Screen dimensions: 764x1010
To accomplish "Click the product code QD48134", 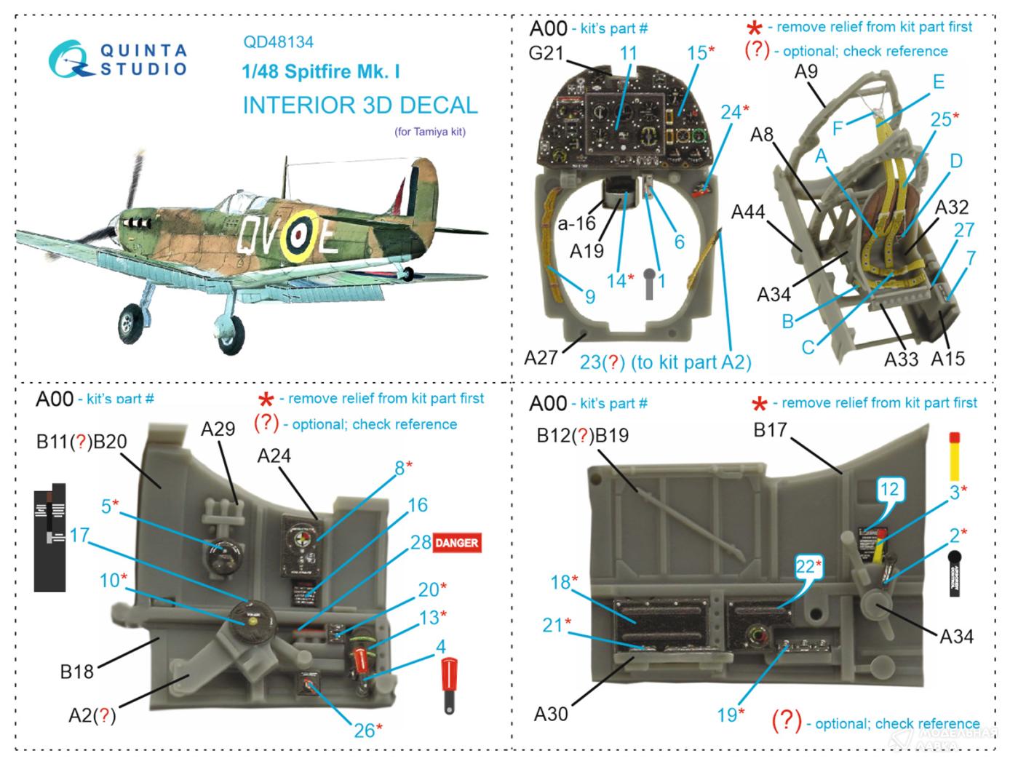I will tap(279, 42).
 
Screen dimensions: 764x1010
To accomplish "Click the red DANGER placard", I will tap(456, 543).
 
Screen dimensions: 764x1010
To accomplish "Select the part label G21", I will tap(546, 54).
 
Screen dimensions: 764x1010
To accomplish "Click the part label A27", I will tap(541, 357).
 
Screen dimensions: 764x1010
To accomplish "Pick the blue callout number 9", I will tap(590, 296).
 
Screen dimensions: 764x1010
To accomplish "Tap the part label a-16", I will tap(576, 224).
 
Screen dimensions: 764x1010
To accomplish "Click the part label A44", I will tap(748, 212).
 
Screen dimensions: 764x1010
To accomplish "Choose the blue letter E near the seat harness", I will tap(938, 81).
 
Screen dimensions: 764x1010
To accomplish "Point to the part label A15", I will tap(947, 358).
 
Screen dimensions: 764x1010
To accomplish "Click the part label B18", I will tap(77, 671).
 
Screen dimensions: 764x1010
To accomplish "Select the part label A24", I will tap(274, 455).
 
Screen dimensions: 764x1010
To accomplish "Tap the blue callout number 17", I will tap(78, 536).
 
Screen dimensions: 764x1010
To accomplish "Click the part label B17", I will tap(771, 430).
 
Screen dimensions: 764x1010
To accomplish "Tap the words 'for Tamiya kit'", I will tap(429, 132).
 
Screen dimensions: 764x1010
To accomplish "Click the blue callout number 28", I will tap(421, 542).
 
